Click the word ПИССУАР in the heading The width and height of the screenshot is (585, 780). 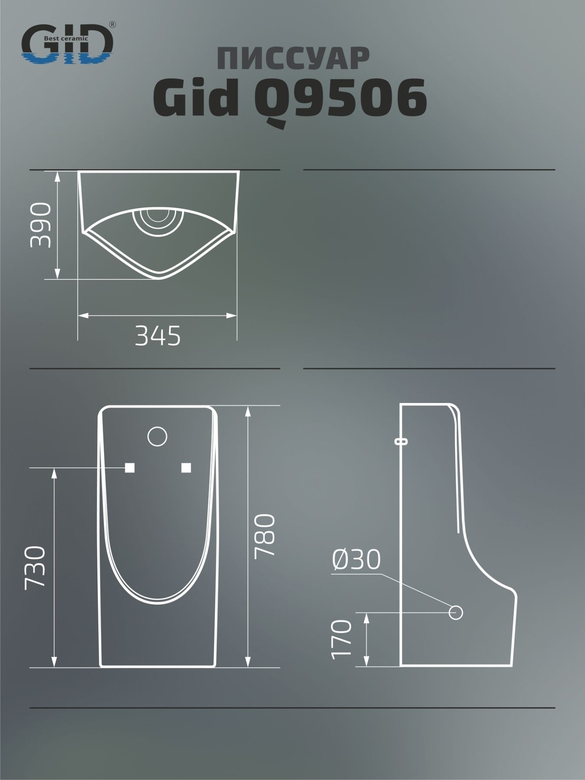tap(293, 59)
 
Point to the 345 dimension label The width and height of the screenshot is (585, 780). tap(158, 336)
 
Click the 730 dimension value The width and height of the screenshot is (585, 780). tap(35, 567)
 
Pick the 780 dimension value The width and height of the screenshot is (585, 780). tap(264, 536)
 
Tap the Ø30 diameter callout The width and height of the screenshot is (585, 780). tap(356, 559)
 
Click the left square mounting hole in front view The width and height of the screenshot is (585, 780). tap(130, 468)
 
